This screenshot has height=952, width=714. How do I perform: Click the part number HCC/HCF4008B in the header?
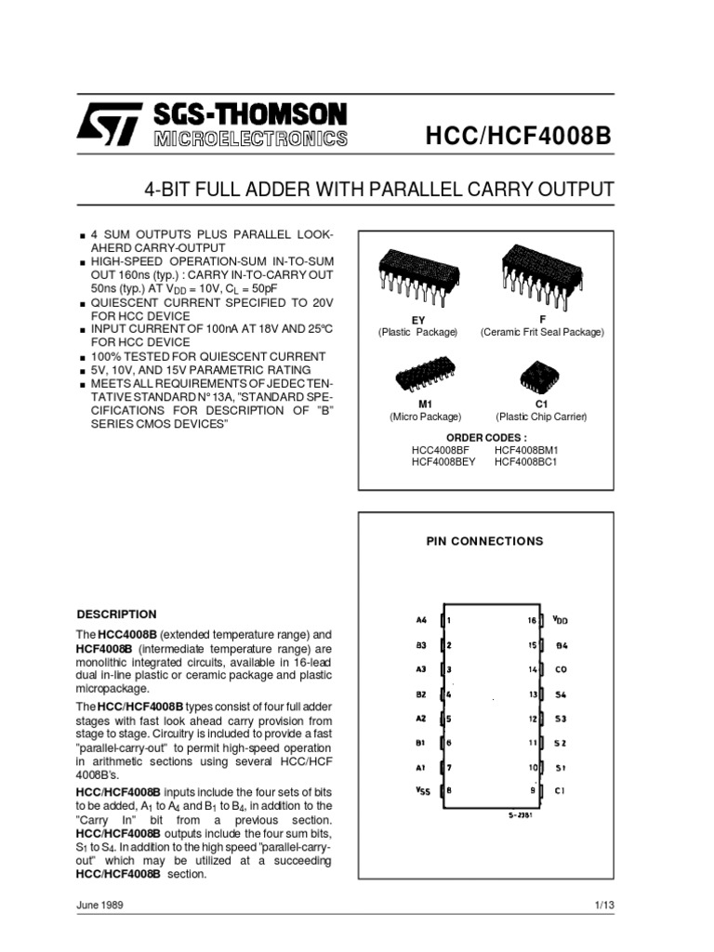pos(519,138)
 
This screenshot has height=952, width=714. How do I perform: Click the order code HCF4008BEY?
pos(443,462)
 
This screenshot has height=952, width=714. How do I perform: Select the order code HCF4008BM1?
pos(525,449)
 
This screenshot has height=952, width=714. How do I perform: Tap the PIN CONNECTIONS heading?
pos(484,541)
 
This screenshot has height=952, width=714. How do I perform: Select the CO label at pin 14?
pos(561,668)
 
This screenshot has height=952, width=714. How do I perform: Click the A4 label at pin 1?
pos(421,620)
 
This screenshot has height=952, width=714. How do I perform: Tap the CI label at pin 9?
pos(561,790)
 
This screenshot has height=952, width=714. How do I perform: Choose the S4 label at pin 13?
pos(561,694)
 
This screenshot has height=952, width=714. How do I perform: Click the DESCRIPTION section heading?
pos(116,615)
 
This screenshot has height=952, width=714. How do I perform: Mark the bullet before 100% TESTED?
pos(83,357)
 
